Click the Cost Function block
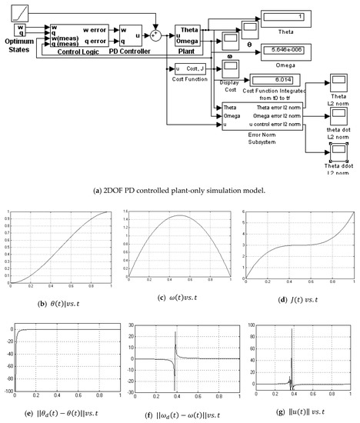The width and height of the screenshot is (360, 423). point(187,70)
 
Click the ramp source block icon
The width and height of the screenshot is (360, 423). point(21,12)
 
